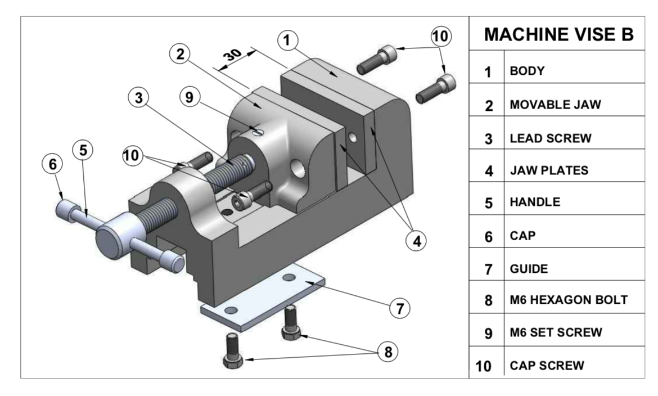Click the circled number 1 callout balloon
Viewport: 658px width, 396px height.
[x=287, y=40]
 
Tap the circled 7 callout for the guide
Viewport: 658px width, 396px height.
[x=399, y=308]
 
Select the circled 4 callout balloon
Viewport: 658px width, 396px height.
[x=416, y=240]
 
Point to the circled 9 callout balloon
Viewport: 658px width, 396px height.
[x=190, y=97]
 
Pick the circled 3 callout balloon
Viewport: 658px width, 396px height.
[x=138, y=97]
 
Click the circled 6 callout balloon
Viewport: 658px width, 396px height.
[x=53, y=164]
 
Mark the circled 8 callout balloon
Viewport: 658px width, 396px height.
[x=387, y=352]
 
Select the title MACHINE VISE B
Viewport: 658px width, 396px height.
[x=559, y=35]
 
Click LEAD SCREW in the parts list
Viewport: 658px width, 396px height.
[x=551, y=138]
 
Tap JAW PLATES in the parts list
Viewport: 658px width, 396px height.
[x=549, y=170]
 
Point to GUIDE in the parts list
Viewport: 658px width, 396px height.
[x=529, y=268]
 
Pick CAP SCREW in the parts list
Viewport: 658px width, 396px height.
[x=547, y=365]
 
